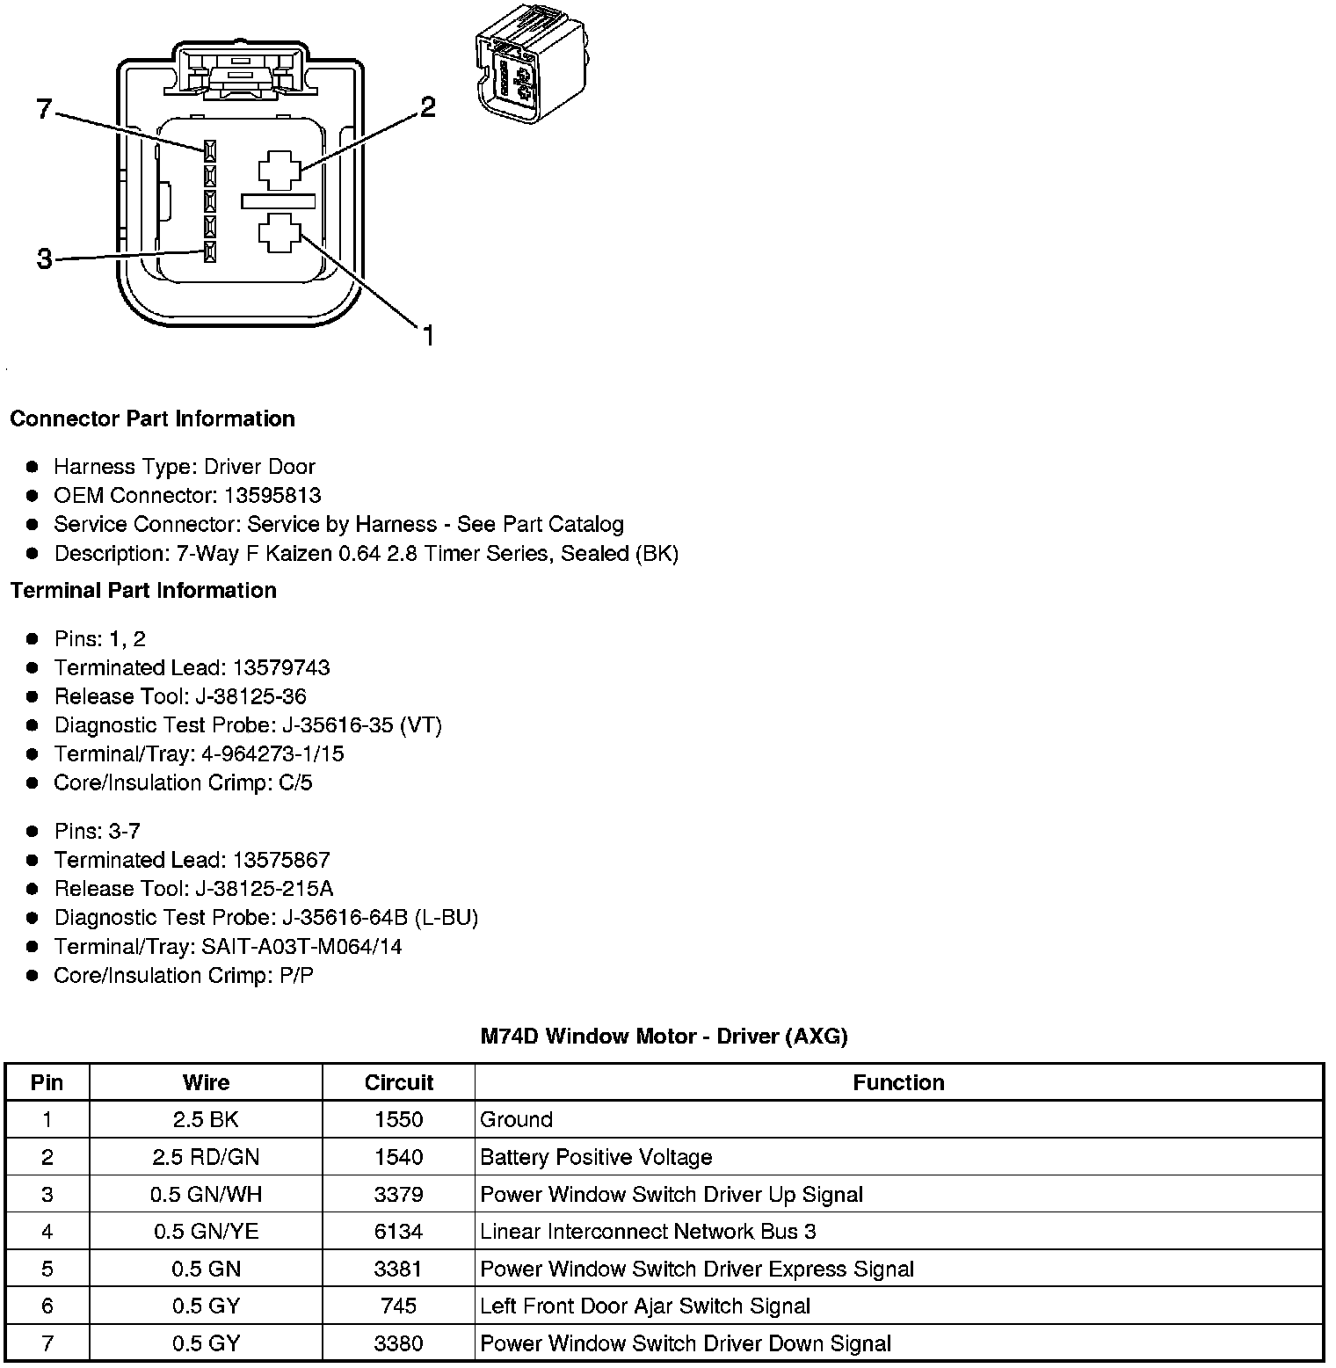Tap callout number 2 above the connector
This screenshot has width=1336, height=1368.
pos(427,107)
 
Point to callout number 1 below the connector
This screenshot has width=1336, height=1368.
pos(428,336)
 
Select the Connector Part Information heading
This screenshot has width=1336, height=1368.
pos(152,418)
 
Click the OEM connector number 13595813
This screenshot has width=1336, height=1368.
pos(272,495)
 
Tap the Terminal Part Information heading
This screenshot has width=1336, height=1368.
pos(143,590)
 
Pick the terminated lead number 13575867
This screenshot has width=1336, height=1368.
pos(281,860)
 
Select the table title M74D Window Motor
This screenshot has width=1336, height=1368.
pos(664,1036)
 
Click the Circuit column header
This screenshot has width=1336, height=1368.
pos(399,1082)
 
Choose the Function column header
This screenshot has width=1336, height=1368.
pos(898,1082)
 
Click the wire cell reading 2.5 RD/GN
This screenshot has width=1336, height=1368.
pos(206,1157)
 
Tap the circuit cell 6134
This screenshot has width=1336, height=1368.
pos(399,1232)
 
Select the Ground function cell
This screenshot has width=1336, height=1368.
pos(517,1119)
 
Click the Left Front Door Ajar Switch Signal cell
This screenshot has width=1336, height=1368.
pos(645,1306)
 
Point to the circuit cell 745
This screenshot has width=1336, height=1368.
pos(399,1306)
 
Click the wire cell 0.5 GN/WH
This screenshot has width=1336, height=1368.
pos(206,1194)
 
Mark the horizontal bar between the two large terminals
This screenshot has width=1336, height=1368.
pos(279,201)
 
